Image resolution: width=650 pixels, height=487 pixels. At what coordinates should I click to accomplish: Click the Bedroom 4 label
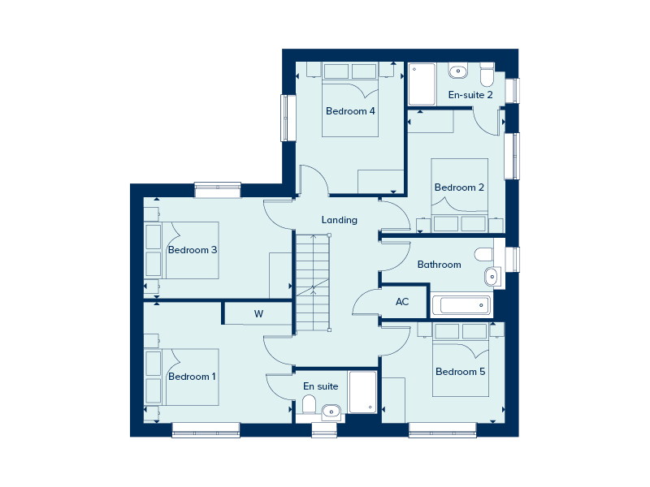350,111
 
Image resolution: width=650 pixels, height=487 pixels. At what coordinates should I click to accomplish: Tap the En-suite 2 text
470,95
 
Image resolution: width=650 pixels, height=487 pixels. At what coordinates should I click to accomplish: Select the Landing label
340,220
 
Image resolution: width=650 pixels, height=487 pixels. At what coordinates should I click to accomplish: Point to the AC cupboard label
402,302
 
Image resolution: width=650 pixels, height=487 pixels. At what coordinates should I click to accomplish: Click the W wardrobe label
258,314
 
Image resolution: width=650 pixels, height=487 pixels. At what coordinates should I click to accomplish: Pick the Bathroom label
439,265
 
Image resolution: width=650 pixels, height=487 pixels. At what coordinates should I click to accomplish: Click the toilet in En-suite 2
487,75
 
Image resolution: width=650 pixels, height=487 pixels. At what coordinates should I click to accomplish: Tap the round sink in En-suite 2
457,71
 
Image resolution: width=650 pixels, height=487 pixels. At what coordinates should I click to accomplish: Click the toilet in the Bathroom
484,254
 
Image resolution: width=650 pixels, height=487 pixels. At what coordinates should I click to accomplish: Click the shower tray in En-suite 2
422,84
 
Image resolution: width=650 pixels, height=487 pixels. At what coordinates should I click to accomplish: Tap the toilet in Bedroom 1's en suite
309,404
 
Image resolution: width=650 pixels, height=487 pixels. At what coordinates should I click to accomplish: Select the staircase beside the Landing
313,282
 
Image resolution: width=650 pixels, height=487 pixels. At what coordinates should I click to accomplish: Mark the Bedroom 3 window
218,190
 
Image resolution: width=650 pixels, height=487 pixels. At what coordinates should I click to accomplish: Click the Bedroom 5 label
460,372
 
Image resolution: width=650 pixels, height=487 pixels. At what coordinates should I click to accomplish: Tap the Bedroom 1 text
192,377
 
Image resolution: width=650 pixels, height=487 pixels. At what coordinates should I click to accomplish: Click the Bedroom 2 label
459,187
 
